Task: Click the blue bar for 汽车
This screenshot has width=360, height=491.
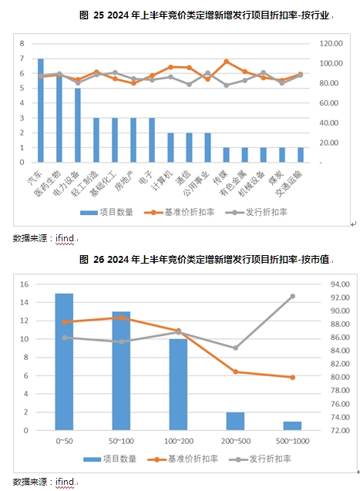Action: click(x=41, y=110)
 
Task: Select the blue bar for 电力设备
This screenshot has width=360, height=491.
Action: click(x=78, y=125)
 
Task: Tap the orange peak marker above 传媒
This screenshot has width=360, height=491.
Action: click(x=227, y=62)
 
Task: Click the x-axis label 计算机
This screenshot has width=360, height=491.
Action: click(x=162, y=180)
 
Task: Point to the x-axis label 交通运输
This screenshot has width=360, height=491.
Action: click(x=289, y=183)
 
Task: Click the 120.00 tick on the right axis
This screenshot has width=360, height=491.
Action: click(x=331, y=43)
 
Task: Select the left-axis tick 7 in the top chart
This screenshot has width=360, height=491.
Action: click(x=22, y=59)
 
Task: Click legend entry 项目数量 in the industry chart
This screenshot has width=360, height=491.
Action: click(x=106, y=212)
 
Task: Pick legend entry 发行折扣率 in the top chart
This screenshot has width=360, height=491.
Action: click(x=257, y=212)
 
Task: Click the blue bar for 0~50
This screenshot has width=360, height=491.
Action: click(x=64, y=362)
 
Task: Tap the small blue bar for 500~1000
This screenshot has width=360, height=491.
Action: click(x=292, y=425)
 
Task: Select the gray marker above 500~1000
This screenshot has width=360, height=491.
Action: click(x=292, y=296)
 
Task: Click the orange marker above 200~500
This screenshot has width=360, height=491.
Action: click(x=235, y=372)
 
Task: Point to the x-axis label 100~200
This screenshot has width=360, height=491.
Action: click(x=179, y=441)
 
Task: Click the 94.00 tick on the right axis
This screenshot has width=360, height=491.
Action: click(x=340, y=284)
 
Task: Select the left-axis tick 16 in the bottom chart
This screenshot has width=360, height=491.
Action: click(x=24, y=284)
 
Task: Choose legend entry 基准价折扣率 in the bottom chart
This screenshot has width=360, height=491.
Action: click(x=183, y=459)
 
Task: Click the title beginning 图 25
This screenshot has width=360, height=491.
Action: click(x=204, y=15)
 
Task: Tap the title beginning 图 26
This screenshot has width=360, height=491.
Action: click(x=204, y=259)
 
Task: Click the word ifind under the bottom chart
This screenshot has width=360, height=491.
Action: click(x=65, y=482)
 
